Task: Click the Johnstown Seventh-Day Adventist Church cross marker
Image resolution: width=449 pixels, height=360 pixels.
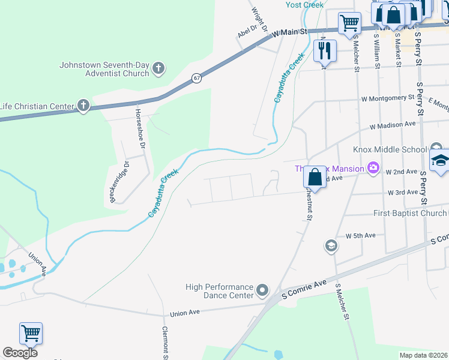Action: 158,68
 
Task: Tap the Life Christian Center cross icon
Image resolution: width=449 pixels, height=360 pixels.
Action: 83,106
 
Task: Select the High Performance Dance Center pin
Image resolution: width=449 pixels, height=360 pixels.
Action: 262,291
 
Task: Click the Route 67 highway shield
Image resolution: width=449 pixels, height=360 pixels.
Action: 196,78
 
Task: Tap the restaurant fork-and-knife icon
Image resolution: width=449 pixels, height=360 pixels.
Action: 325,50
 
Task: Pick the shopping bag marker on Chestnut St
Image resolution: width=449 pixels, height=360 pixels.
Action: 315,177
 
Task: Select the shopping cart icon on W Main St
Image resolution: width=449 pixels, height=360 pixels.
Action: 349,23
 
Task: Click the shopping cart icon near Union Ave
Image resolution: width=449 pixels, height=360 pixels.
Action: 31,334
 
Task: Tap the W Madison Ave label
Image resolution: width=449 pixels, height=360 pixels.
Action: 393,125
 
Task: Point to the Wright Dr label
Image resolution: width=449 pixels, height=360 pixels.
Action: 259,14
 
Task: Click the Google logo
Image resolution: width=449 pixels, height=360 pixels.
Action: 20,353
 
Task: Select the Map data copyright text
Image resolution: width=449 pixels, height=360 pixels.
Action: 424,355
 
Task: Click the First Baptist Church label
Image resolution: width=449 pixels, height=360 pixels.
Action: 409,213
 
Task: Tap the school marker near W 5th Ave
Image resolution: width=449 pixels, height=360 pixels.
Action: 331,245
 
